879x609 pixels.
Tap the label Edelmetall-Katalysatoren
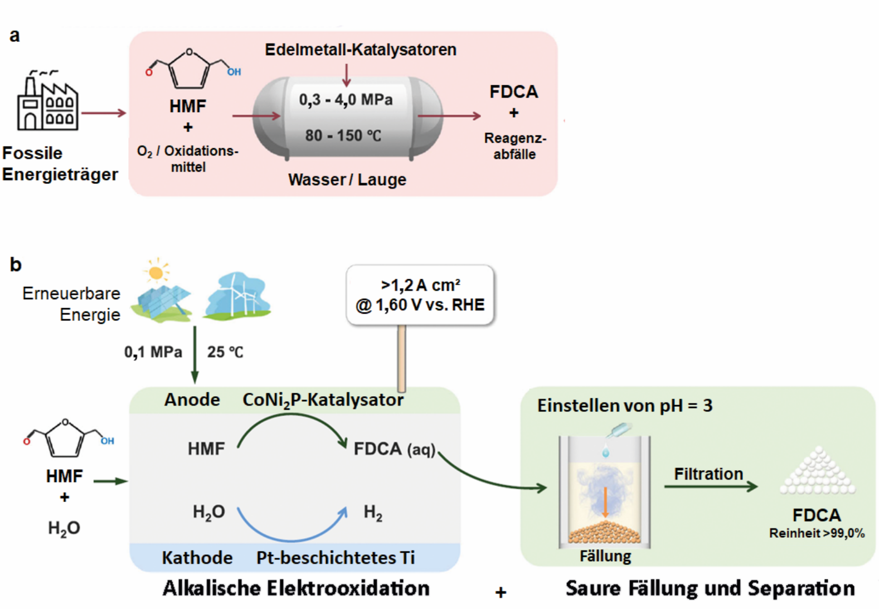(x=361, y=50)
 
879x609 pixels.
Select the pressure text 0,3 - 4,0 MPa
(x=346, y=100)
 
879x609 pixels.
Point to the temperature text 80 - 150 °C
(x=343, y=135)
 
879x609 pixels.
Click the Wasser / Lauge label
(x=347, y=179)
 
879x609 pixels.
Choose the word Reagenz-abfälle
(x=515, y=146)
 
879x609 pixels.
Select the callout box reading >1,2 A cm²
(x=420, y=295)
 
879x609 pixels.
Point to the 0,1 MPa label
(x=153, y=352)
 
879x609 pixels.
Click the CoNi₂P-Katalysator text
(x=323, y=401)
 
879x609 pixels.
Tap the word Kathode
(x=197, y=558)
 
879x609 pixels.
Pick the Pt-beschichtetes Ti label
(x=336, y=558)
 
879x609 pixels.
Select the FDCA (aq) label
(x=395, y=449)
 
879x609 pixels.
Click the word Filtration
(x=708, y=474)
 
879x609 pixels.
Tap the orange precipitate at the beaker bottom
(x=605, y=532)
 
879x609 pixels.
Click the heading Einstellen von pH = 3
(x=625, y=406)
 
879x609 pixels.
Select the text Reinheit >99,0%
(x=817, y=533)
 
